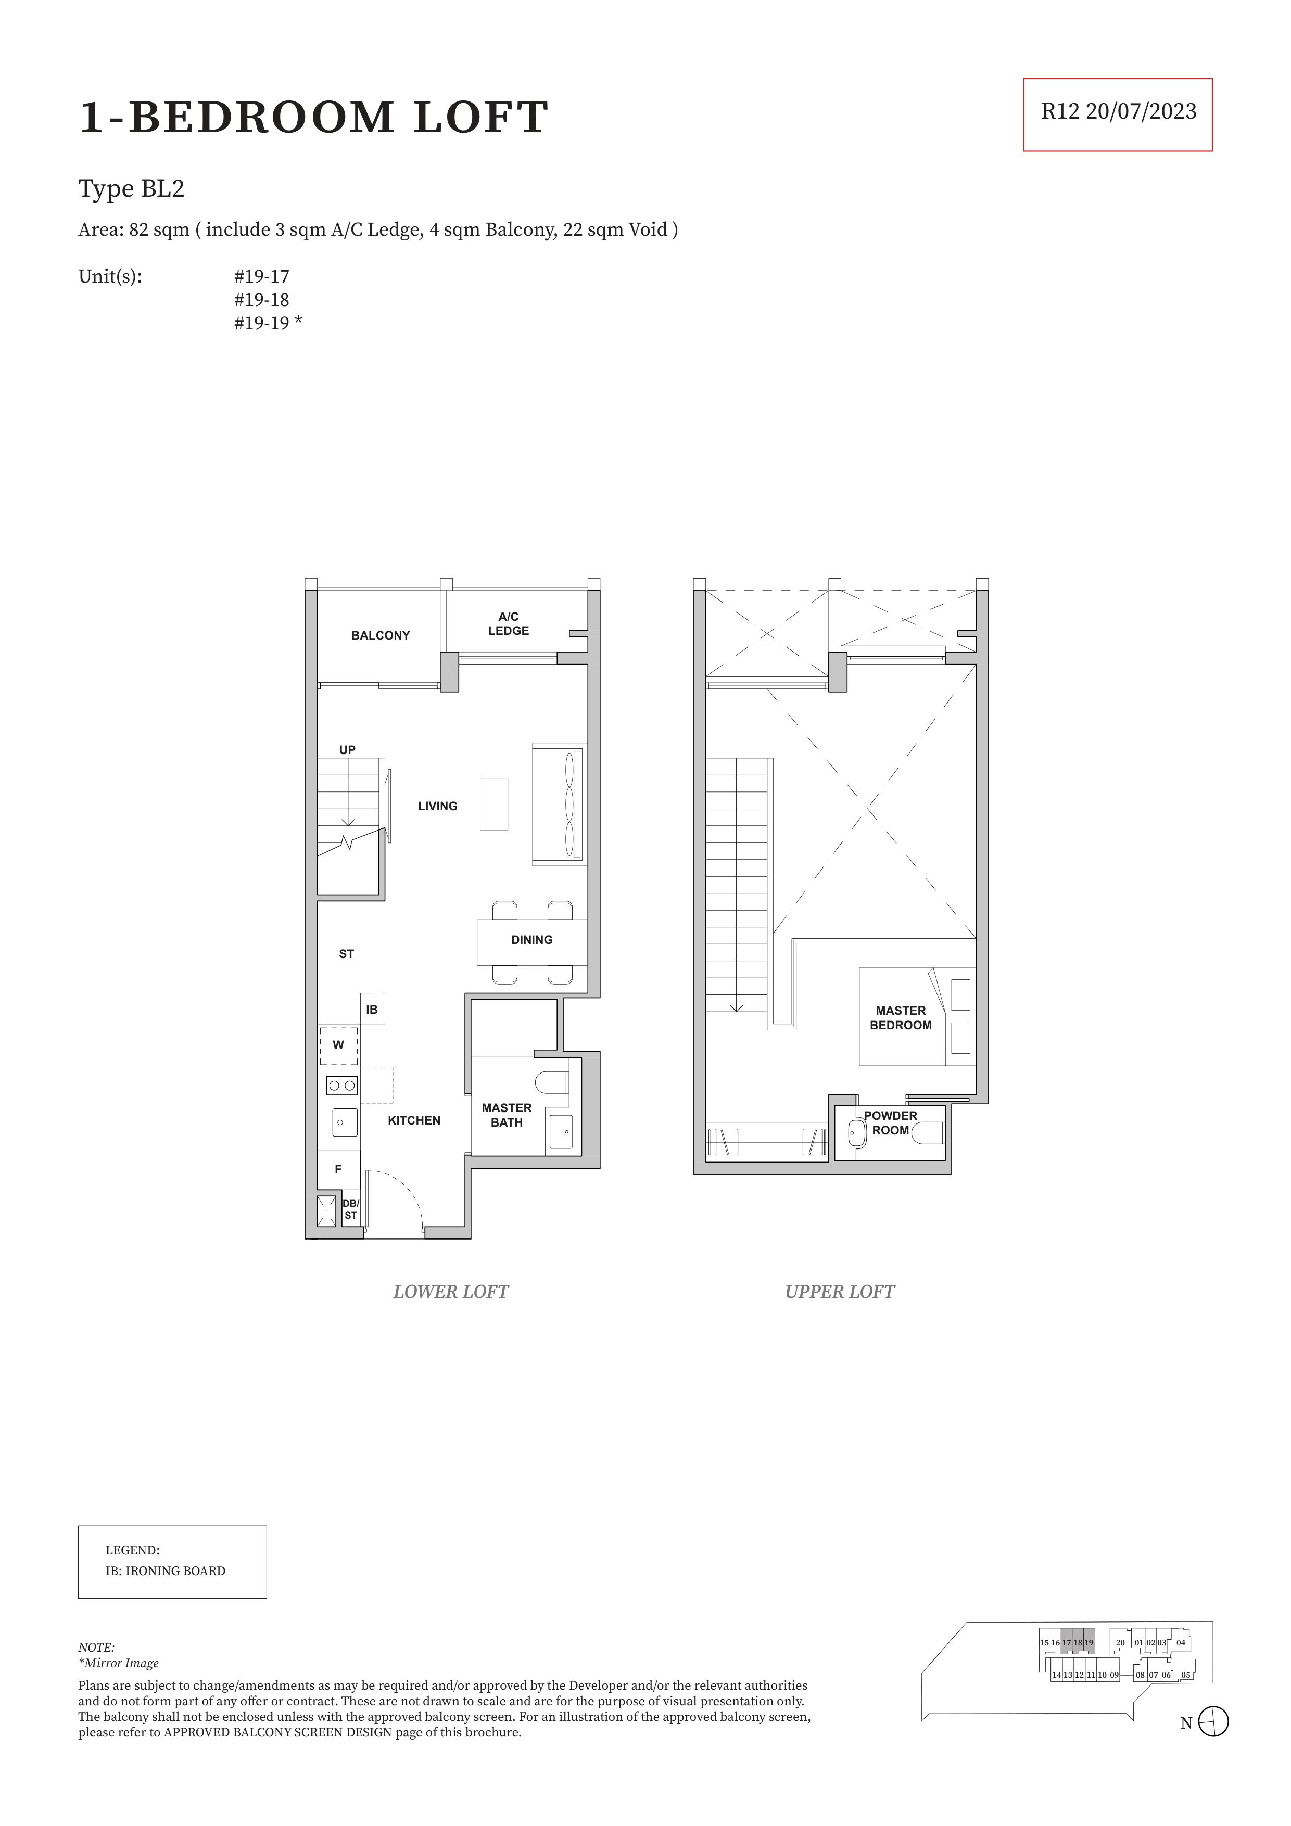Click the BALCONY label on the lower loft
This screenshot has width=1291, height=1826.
pos(380,635)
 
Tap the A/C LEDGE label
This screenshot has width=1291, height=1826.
pos(508,623)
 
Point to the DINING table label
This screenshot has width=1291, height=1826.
pos(531,940)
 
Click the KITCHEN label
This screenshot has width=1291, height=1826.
pos(414,1120)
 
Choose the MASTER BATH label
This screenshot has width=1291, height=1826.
pos(507,1115)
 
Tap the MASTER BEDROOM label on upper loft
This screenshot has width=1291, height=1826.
pos(901,1018)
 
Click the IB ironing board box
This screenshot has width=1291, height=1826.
pos(372,1008)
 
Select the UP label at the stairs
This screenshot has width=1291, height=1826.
pos(348,750)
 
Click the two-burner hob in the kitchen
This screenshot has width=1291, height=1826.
pos(342,1086)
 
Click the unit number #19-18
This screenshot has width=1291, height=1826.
pos(262,300)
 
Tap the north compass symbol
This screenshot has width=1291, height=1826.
pos(1213,1722)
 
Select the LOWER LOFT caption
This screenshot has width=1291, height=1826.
pos(450,1292)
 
